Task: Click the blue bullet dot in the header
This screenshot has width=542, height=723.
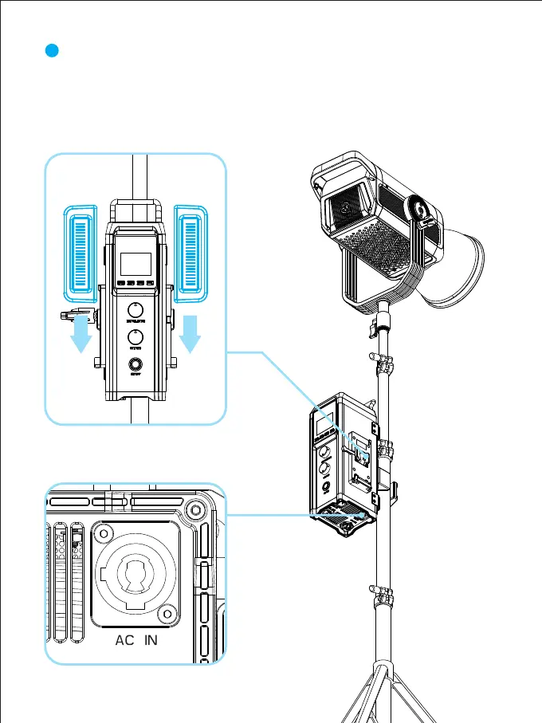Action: pos(52,51)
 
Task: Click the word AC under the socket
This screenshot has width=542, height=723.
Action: pos(124,640)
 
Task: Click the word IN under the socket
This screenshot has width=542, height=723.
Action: pos(151,640)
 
